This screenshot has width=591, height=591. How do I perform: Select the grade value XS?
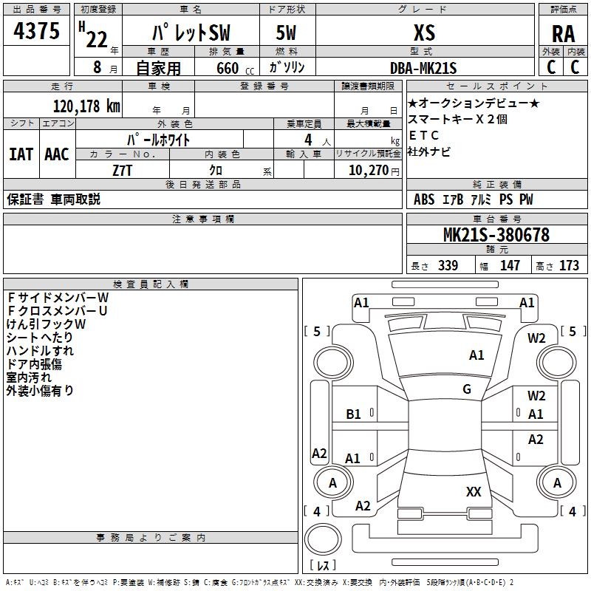(x=424, y=33)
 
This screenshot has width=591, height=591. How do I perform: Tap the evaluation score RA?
(x=563, y=34)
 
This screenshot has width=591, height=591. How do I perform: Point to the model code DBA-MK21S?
(x=424, y=68)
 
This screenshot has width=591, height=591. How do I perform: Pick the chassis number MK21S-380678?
(x=496, y=235)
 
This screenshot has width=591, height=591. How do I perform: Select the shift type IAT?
(x=20, y=154)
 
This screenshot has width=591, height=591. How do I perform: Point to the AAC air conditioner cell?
(x=56, y=154)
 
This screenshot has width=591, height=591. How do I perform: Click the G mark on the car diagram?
(x=467, y=389)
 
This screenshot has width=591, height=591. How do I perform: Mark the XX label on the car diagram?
(x=474, y=491)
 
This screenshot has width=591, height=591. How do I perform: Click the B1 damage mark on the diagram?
(x=354, y=414)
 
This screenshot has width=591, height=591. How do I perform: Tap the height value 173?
(x=569, y=265)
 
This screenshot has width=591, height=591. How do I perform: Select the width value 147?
(x=510, y=265)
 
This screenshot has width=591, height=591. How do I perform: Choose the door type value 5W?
(x=287, y=33)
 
